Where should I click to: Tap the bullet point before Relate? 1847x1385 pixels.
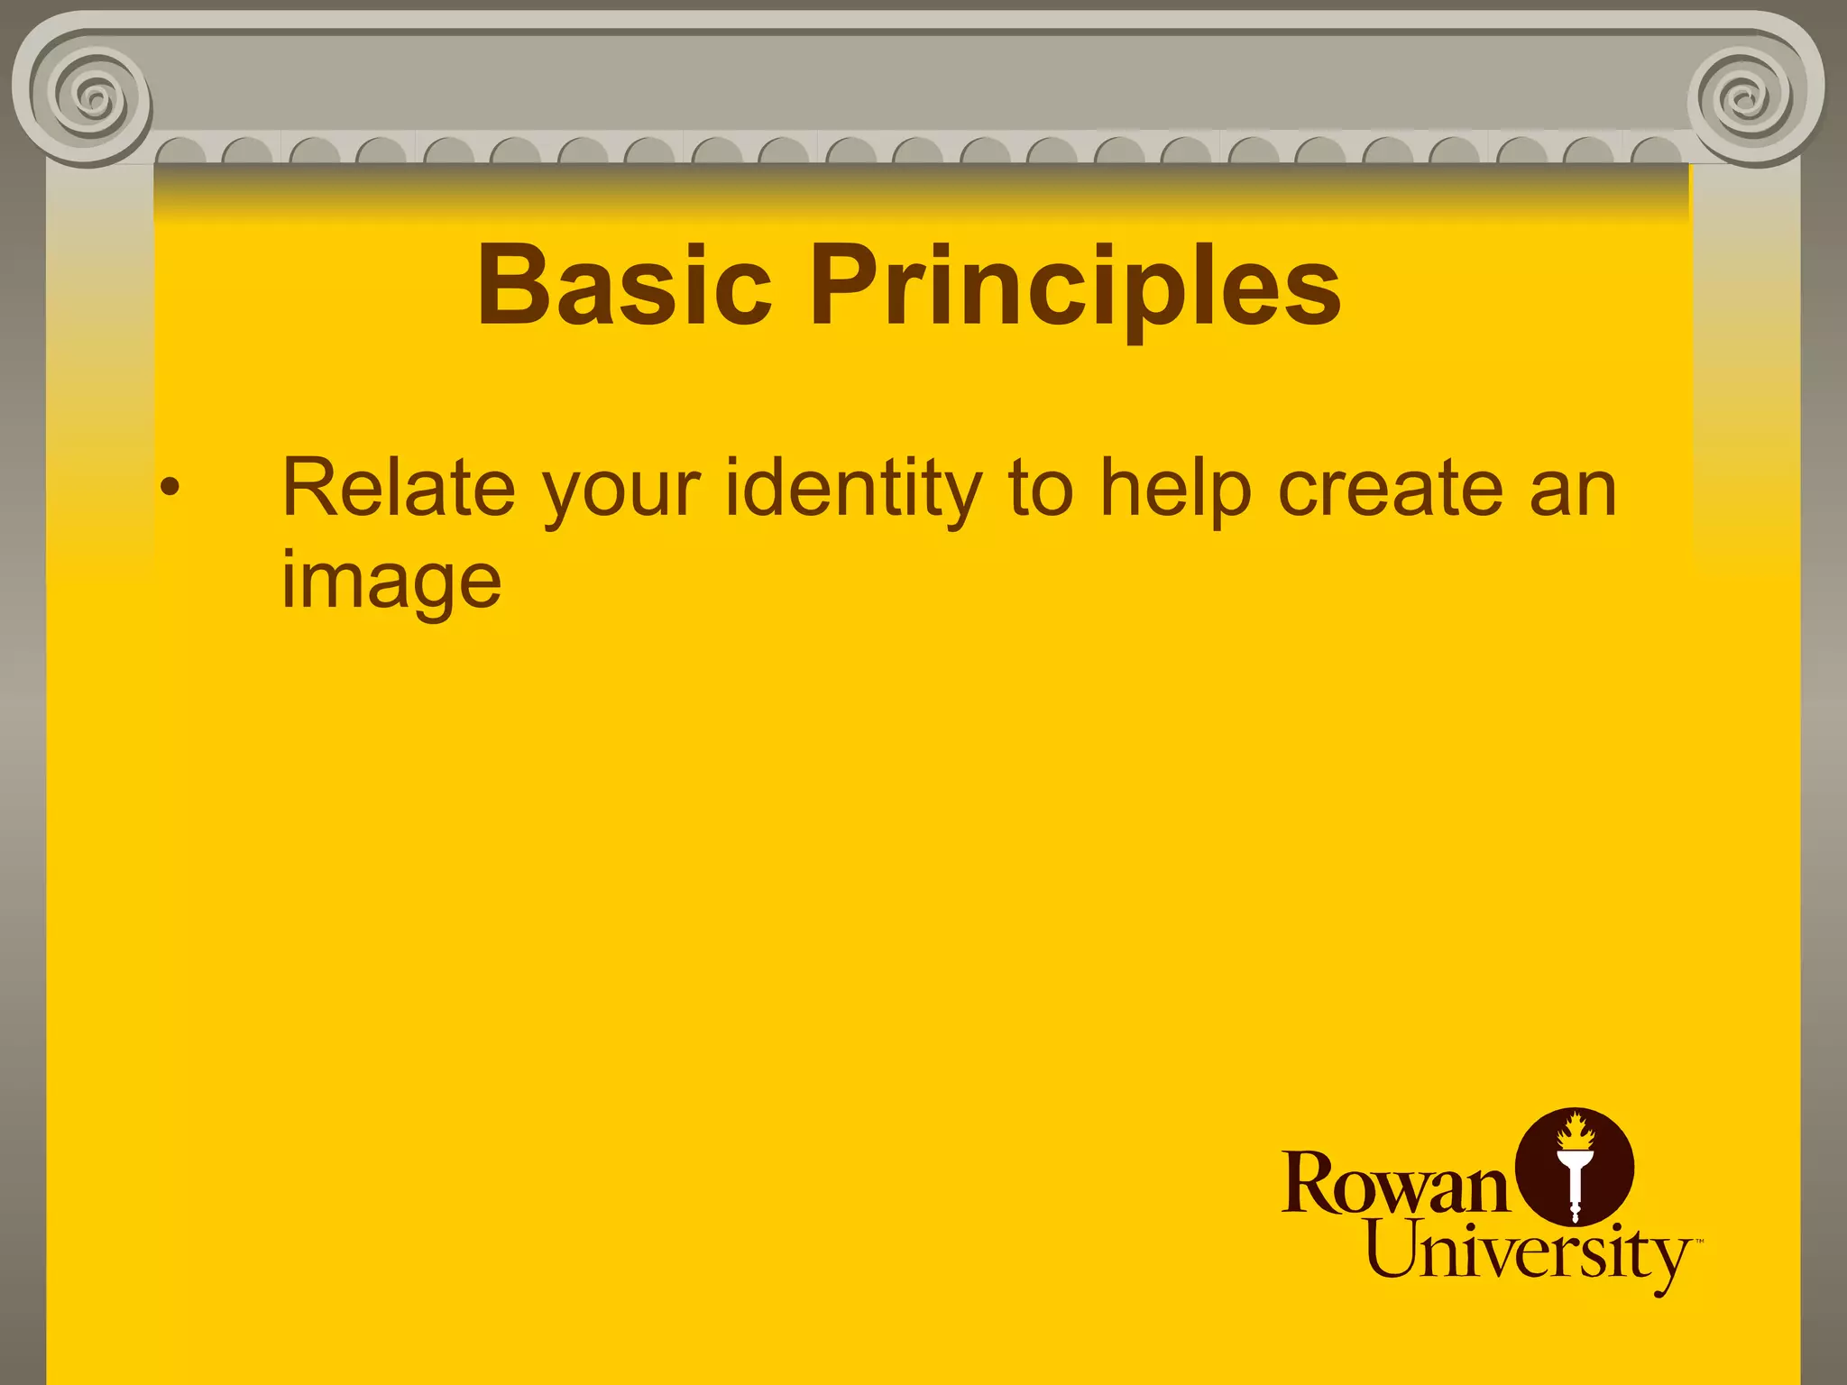tap(170, 489)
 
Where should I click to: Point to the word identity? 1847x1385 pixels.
tap(853, 491)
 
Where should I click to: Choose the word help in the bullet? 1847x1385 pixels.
tap(1176, 491)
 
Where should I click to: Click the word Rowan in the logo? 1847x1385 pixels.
tap(1394, 1183)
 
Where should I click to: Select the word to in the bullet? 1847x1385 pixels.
tap(1041, 489)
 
